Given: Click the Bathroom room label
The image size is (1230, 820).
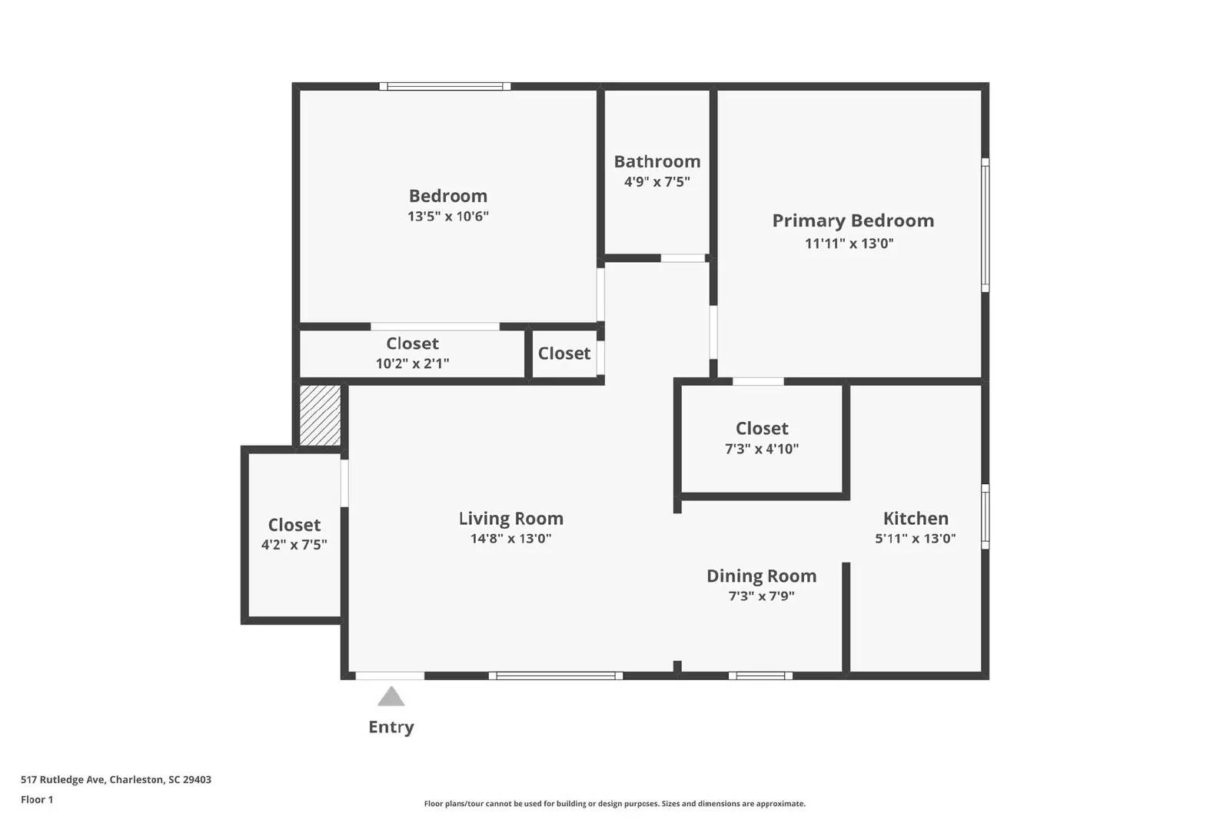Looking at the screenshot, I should [x=657, y=161].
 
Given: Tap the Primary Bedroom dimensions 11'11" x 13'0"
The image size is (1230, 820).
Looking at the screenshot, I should [x=849, y=244].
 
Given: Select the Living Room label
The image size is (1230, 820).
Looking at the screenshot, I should [x=510, y=519].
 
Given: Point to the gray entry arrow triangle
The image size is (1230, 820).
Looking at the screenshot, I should [x=391, y=697].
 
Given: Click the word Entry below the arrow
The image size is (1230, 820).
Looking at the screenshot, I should [x=391, y=727].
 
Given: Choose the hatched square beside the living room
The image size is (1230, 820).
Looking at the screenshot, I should [x=320, y=415].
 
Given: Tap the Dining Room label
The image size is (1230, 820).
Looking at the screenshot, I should [x=761, y=576].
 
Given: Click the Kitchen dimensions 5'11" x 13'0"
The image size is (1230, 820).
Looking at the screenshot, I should [x=915, y=539].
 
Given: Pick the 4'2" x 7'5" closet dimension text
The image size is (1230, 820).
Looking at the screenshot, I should [x=294, y=545].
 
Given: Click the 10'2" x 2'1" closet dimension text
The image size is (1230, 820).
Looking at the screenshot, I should [x=412, y=364].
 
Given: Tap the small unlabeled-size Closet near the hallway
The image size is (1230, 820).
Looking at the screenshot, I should [x=564, y=354].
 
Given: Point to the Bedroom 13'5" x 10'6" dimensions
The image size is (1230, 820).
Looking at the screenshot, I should [x=447, y=217].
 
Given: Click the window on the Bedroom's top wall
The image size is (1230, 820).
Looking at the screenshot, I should [x=444, y=86].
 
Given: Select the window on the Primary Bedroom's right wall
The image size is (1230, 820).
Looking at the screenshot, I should [x=985, y=224].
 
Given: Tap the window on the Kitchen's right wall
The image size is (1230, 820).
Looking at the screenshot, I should [x=985, y=516].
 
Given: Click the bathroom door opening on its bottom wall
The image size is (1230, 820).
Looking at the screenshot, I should [x=683, y=258].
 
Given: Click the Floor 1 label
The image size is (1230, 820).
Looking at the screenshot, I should [x=37, y=799].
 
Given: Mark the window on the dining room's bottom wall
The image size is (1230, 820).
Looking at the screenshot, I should [x=760, y=676].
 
